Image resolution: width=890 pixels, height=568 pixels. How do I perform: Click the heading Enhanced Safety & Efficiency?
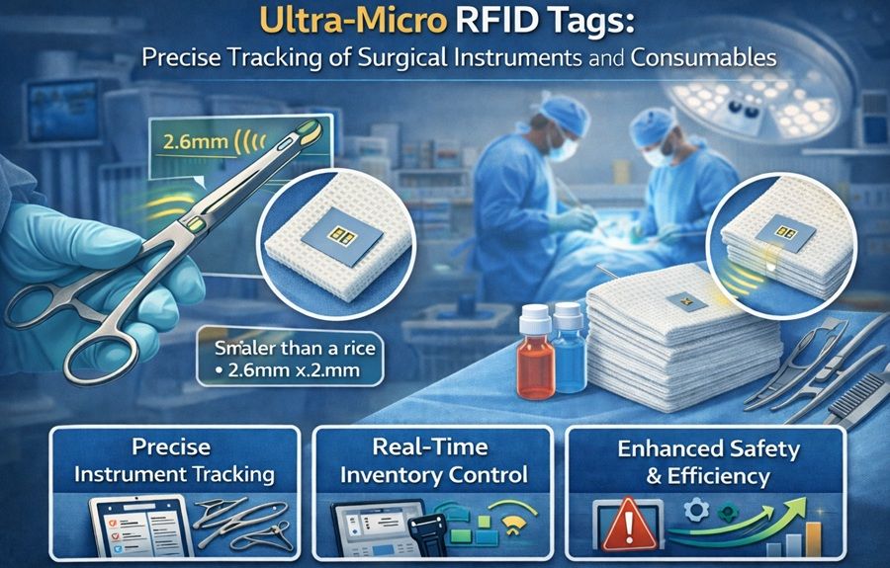tap(706, 462)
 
